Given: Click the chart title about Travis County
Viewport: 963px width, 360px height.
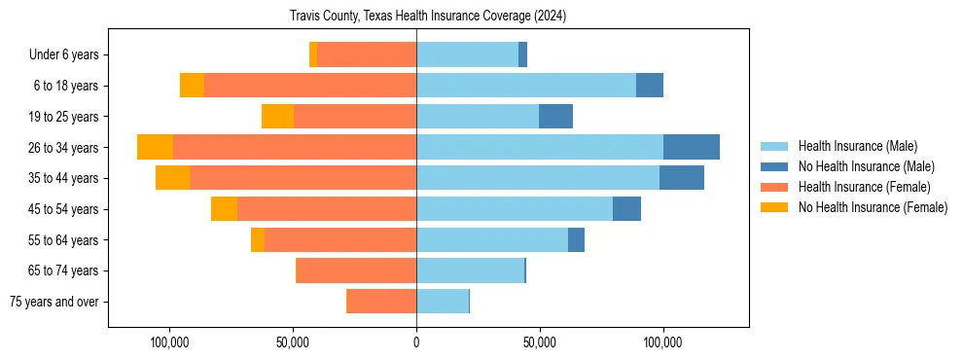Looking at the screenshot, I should click(428, 17).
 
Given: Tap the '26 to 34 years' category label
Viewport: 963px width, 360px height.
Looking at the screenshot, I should click(63, 148).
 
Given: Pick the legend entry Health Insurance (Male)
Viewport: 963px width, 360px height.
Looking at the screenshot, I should click(857, 146).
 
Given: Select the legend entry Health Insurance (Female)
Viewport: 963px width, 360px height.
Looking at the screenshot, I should click(864, 187).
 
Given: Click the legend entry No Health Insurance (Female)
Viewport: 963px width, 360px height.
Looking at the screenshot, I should click(873, 207).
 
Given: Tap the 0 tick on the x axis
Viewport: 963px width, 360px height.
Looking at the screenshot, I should click(416, 342).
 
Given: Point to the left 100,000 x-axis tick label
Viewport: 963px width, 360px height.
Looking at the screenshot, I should click(170, 342).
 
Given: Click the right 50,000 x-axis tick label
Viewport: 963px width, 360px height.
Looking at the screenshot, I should click(539, 342).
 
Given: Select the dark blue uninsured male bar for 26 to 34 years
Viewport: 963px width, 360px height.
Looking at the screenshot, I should click(692, 147).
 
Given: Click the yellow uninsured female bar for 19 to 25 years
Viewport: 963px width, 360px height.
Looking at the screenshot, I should click(277, 117).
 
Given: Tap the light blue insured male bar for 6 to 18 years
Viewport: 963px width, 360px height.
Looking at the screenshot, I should click(526, 86).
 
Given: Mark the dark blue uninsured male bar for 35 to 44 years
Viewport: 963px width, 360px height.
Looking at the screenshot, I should click(682, 178).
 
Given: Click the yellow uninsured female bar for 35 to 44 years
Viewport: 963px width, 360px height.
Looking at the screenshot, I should click(172, 178).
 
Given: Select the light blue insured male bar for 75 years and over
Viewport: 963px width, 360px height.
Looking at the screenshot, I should click(443, 302).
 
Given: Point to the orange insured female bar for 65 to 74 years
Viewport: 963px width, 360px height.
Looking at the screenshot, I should click(356, 270).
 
